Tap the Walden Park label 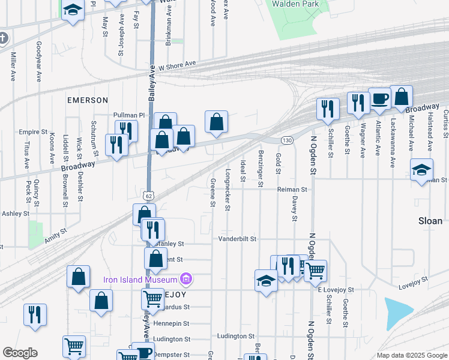295,4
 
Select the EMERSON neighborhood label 88,100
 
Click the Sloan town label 430,221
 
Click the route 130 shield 287,140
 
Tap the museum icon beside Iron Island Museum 186,279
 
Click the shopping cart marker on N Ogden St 315,271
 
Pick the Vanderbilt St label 237,239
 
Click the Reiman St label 292,189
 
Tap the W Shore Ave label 177,64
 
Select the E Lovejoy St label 336,289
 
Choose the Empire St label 33,131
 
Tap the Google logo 20,353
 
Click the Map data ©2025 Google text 411,355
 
